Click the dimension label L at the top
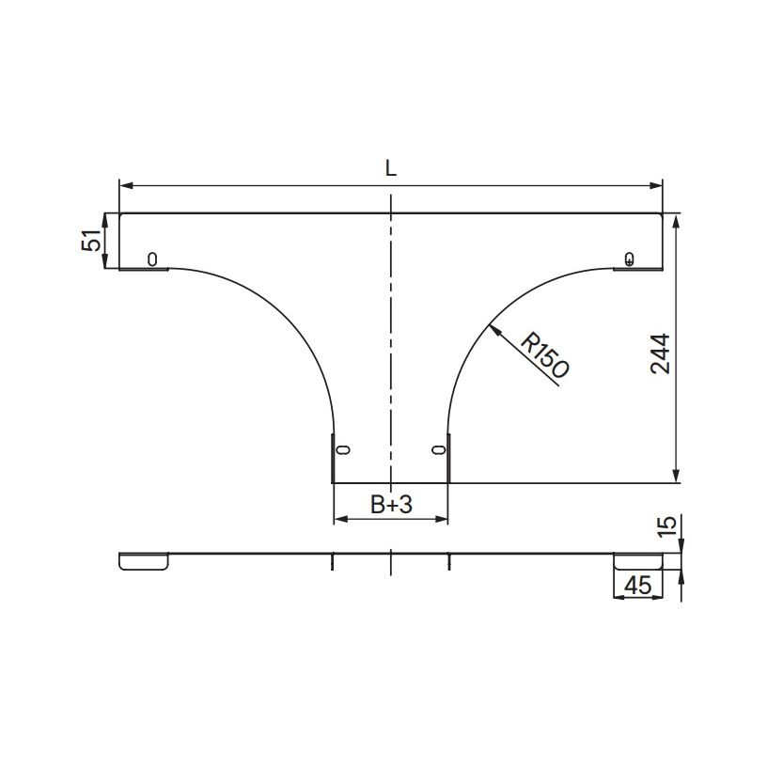[x=391, y=168]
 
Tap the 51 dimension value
[x=91, y=241]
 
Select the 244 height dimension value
[x=660, y=353]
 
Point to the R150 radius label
[x=544, y=355]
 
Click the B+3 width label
[x=391, y=505]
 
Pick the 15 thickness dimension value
[x=667, y=526]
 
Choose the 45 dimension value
[x=638, y=585]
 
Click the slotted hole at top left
[x=152, y=259]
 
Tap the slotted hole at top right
[x=630, y=259]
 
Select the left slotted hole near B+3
[x=343, y=449]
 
